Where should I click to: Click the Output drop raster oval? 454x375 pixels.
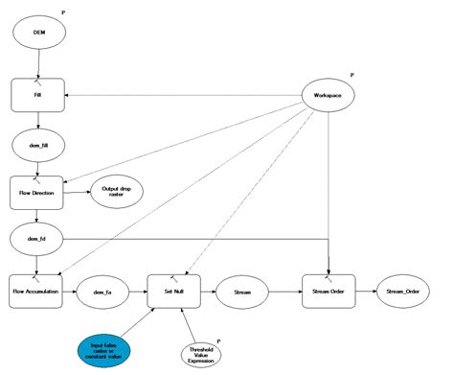coord(116,191)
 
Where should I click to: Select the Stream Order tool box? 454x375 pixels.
coord(329,289)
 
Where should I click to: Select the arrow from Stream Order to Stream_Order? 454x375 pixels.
coord(367,289)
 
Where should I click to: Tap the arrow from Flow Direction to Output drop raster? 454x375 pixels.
coord(79,192)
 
